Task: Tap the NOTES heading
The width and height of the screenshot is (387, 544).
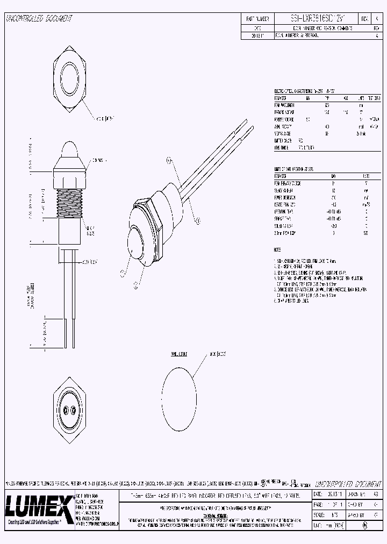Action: [277, 250]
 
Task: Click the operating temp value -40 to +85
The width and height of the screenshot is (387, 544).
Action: [333, 211]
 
